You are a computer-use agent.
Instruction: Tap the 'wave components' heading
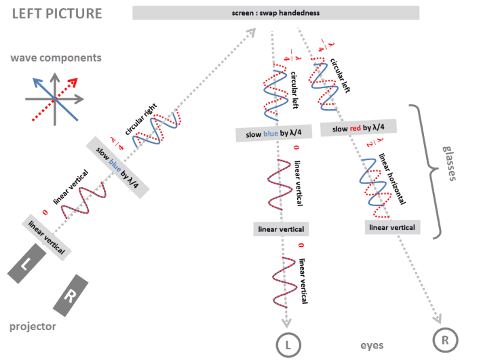click(55, 58)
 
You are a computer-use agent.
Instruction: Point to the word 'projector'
click(33, 327)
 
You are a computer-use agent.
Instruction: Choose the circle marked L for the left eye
click(288, 344)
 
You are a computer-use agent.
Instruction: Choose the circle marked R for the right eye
click(445, 340)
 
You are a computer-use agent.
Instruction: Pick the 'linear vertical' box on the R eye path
click(392, 227)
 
